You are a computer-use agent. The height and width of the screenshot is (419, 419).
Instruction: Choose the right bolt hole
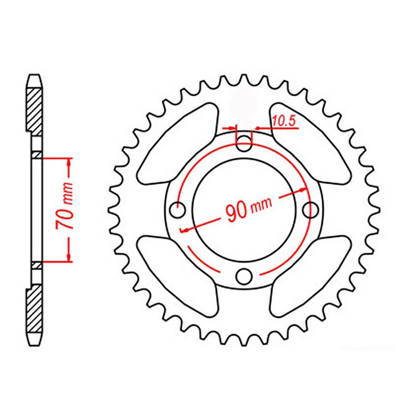coord(312,210)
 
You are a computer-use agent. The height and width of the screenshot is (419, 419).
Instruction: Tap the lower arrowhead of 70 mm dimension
coord(68,256)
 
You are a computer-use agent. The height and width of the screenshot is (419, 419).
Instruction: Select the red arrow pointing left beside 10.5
coord(260,127)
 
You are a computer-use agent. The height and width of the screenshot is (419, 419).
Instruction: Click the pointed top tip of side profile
coord(33,76)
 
